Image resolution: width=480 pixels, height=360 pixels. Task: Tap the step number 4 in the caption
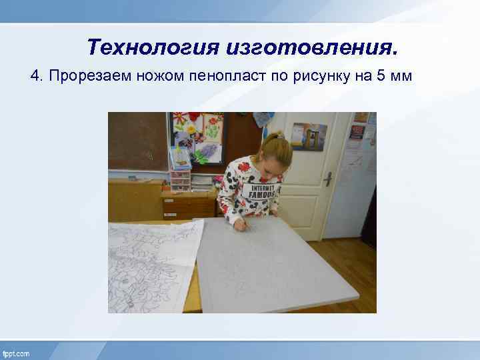point(35,76)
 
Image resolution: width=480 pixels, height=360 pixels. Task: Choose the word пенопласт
point(224,76)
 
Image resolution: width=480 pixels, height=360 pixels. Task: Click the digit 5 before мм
point(381,76)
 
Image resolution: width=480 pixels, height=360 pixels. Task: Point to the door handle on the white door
point(328,178)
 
